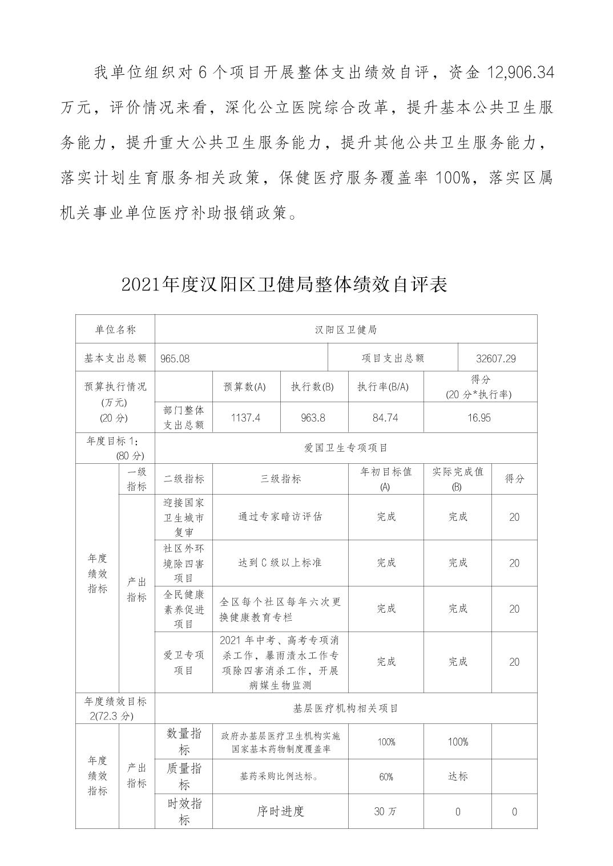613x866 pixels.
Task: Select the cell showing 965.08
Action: (x=175, y=358)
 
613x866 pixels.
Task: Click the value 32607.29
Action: (x=495, y=358)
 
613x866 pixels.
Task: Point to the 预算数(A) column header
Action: (x=244, y=387)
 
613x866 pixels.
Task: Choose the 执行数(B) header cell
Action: (x=312, y=387)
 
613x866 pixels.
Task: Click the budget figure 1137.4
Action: (x=245, y=418)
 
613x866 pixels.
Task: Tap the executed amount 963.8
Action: (x=313, y=418)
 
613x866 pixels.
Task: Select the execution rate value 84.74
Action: (x=385, y=418)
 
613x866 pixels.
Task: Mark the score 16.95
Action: (x=479, y=418)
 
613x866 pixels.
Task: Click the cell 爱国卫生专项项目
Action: (x=345, y=448)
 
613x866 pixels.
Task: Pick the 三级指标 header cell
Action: (x=280, y=479)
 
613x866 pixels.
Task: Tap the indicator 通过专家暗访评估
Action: (x=280, y=517)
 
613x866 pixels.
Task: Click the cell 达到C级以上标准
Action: (x=280, y=563)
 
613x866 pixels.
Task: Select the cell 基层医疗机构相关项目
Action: (x=345, y=709)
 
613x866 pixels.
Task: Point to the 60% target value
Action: (x=386, y=777)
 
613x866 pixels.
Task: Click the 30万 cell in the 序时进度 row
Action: (x=386, y=812)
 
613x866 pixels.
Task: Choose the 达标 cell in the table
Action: (x=458, y=777)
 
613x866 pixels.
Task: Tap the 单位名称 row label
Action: (x=115, y=330)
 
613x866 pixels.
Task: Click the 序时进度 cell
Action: (x=280, y=811)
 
